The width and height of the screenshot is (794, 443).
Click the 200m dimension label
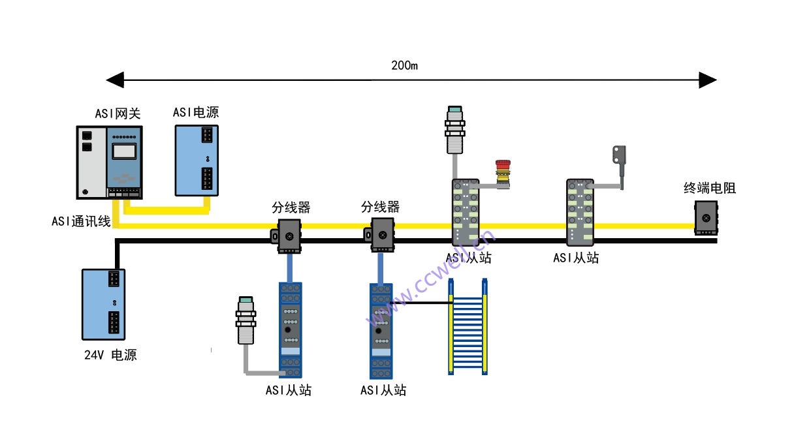[x=404, y=65]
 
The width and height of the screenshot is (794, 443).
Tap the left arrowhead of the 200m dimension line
[x=115, y=80]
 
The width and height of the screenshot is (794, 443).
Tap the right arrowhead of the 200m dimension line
[x=708, y=80]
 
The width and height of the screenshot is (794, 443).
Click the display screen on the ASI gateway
[x=123, y=151]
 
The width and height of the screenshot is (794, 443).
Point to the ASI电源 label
[x=196, y=112]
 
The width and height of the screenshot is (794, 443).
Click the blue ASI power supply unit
[x=197, y=160]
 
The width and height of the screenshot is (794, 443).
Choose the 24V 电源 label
[x=110, y=356]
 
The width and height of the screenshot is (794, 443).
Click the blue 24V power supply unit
[x=103, y=303]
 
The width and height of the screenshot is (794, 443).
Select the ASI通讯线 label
[x=81, y=221]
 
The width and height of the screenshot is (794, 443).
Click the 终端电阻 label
[x=710, y=189]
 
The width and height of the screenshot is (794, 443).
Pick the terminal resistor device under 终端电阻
[x=705, y=217]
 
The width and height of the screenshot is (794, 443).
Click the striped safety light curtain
[x=468, y=326]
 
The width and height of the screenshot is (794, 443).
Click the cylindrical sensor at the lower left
[x=246, y=320]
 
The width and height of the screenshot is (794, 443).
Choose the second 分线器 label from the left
[x=380, y=207]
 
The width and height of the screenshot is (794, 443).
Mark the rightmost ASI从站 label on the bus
[x=576, y=258]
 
